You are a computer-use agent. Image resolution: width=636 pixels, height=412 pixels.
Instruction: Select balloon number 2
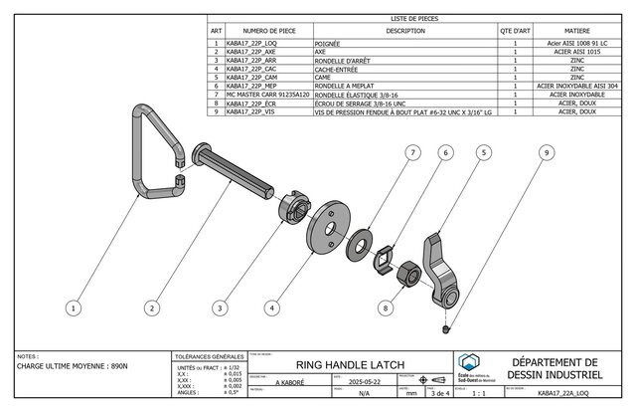pos(152,309)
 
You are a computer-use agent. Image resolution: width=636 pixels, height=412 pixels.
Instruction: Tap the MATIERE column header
pos(575,32)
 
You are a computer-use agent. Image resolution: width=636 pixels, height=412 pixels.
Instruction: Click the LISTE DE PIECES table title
pos(414,19)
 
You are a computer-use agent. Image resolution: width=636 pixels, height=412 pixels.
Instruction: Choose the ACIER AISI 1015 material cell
pos(575,52)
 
